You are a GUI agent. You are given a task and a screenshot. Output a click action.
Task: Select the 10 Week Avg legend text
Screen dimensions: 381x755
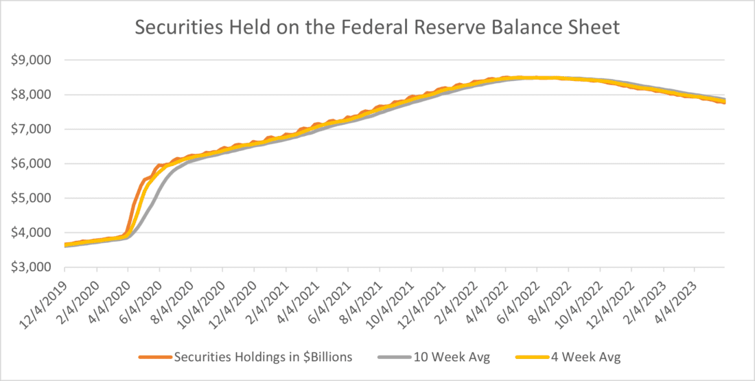[451, 357]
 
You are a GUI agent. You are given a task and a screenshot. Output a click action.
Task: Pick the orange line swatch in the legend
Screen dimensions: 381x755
[155, 358]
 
